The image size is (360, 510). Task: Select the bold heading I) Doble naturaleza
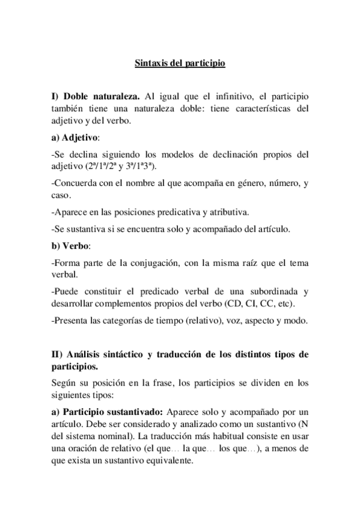(x=96, y=96)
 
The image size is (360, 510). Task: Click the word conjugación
(x=151, y=262)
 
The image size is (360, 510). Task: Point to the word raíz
(x=245, y=262)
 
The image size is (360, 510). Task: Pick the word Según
(x=64, y=382)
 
